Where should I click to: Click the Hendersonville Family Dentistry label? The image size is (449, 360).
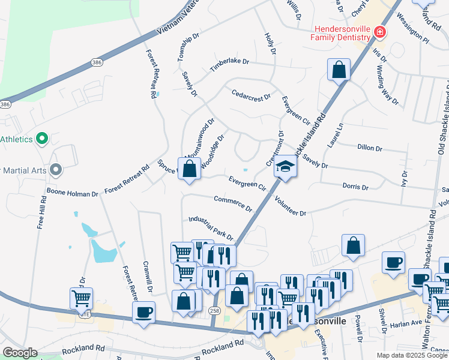pyautogui.click(x=340, y=32)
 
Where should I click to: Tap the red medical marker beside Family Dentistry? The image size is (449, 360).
pyautogui.click(x=379, y=32)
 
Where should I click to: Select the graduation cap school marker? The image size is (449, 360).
pyautogui.click(x=286, y=167)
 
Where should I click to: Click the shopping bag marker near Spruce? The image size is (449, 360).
pyautogui.click(x=190, y=169)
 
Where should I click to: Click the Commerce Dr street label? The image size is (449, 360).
pyautogui.click(x=233, y=203)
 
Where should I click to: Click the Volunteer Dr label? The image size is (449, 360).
pyautogui.click(x=291, y=206)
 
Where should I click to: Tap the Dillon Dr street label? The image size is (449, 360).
pyautogui.click(x=369, y=148)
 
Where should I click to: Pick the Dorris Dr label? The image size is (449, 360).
pyautogui.click(x=355, y=187)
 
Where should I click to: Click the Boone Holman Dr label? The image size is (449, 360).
pyautogui.click(x=72, y=194)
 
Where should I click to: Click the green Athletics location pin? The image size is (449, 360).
pyautogui.click(x=41, y=139)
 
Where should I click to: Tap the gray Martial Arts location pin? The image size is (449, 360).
pyautogui.click(x=56, y=170)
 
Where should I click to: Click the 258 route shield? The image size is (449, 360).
pyautogui.click(x=214, y=310)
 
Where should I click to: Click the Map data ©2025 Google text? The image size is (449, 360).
pyautogui.click(x=411, y=355)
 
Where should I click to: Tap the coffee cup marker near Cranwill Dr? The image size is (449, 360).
pyautogui.click(x=144, y=312)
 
